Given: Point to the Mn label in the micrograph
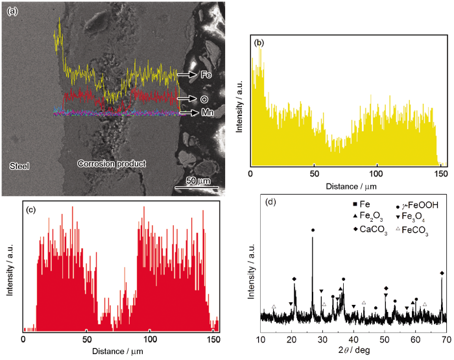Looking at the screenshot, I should [208, 113].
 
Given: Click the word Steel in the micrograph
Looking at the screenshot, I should [20, 165].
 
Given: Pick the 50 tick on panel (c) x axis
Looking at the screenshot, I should [86, 339].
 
